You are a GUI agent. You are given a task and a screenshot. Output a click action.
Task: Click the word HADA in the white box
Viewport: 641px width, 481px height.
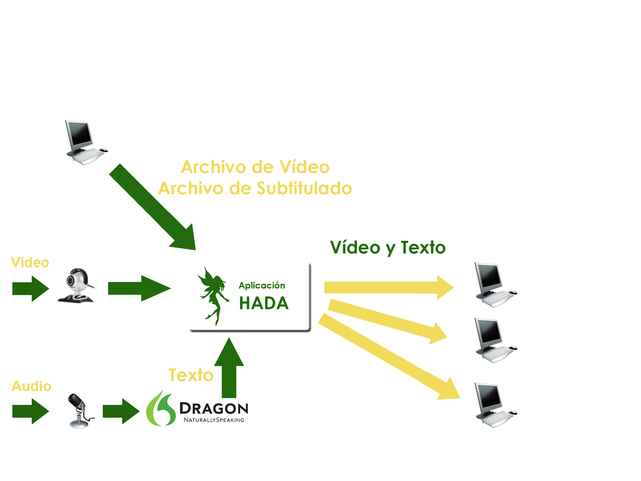tap(264, 303)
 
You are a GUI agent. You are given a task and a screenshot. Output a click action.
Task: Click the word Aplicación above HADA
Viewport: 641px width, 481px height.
tap(262, 285)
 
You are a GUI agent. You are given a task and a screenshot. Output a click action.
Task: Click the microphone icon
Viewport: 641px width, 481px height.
tap(79, 411)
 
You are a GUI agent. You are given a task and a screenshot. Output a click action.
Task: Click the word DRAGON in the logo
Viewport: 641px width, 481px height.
tap(214, 408)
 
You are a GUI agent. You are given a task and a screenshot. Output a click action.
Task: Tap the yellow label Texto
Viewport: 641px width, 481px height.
tap(191, 375)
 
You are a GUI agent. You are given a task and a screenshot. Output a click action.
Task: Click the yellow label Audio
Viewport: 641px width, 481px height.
tap(32, 386)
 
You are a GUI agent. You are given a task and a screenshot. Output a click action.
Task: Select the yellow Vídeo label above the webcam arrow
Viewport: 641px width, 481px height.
tap(30, 262)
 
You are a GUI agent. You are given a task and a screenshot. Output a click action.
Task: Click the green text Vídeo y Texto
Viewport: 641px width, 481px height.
tap(388, 248)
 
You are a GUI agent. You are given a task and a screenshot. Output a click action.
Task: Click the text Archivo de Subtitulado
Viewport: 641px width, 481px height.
tap(255, 188)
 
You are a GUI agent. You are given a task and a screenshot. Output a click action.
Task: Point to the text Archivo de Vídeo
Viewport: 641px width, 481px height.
tap(255, 167)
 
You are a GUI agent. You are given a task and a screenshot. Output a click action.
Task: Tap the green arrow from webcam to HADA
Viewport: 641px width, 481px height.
tap(138, 288)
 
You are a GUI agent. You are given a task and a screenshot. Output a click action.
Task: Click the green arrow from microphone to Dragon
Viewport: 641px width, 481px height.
tap(120, 411)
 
